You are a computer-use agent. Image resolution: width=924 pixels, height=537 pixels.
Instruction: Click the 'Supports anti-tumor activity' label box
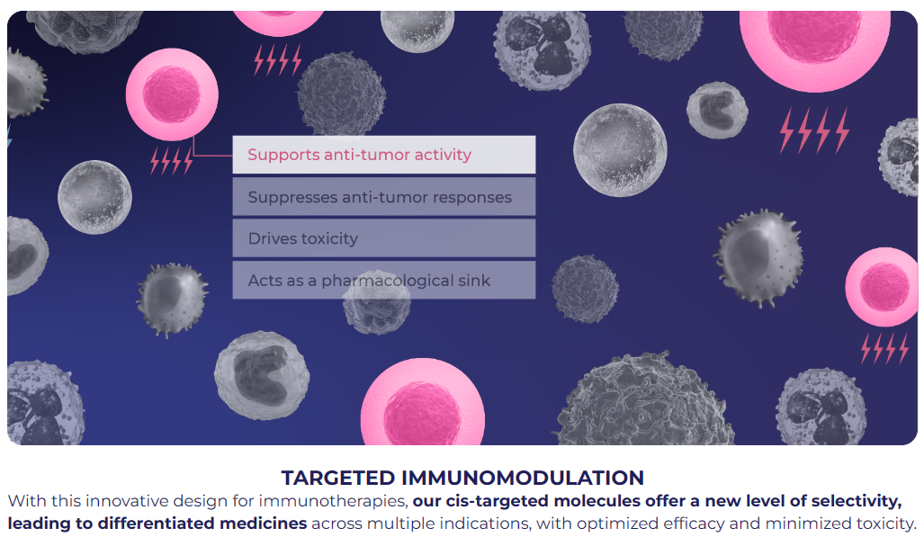click(x=383, y=155)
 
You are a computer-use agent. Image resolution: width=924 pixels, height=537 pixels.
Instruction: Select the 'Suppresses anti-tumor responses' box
click(x=383, y=197)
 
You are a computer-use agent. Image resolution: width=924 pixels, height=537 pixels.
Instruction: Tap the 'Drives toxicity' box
click(x=383, y=238)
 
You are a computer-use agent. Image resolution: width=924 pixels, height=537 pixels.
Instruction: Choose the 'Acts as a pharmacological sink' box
click(x=383, y=280)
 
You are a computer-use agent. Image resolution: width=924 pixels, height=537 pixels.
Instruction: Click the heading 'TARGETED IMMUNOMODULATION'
click(x=462, y=478)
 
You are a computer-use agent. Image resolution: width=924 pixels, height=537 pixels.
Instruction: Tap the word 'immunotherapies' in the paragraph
click(x=333, y=501)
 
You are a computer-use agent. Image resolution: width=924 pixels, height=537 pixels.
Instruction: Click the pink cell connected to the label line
click(x=172, y=94)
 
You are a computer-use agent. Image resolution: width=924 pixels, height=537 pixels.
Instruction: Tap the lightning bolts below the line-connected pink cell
click(x=172, y=160)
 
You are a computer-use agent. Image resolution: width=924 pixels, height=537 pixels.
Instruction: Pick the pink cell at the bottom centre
click(x=423, y=404)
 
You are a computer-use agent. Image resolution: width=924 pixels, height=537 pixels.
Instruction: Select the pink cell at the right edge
click(x=882, y=287)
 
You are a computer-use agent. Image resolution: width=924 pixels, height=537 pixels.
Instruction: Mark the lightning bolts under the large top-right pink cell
click(x=814, y=130)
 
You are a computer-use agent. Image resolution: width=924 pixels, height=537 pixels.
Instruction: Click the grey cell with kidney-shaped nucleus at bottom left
click(x=262, y=375)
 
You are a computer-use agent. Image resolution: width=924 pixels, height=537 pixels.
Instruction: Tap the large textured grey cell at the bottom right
click(x=646, y=401)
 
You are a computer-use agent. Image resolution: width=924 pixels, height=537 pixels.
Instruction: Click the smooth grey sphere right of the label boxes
click(x=620, y=149)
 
